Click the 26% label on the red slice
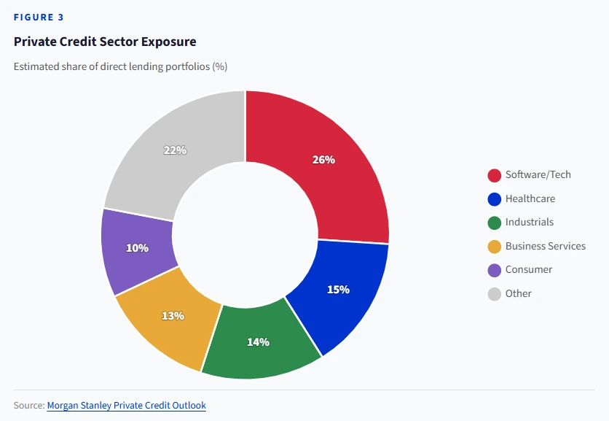pos(323,159)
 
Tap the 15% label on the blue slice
pos(338,289)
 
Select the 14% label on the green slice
pos(258,341)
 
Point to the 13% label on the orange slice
pos(173,316)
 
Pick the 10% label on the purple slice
pos(137,248)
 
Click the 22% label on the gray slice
pos(175,150)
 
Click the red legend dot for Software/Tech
pos(494,175)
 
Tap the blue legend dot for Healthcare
pos(494,198)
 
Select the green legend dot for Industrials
pos(494,223)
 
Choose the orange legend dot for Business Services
pos(494,247)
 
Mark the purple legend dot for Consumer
pos(494,270)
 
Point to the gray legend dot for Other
pos(494,294)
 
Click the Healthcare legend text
pos(530,198)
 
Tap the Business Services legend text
pos(545,246)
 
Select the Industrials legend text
pos(529,222)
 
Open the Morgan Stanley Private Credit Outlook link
pos(126,405)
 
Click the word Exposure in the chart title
pos(169,42)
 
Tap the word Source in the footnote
pos(28,405)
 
